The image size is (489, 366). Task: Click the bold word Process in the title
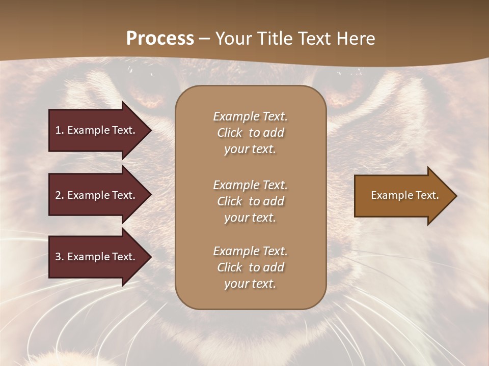tap(160, 39)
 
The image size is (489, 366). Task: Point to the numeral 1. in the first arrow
tap(60, 130)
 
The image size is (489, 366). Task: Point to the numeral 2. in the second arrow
tap(60, 195)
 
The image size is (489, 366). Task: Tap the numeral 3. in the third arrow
tap(60, 257)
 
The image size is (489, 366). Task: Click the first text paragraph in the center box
tap(250, 133)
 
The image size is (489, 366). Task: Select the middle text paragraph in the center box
tap(250, 201)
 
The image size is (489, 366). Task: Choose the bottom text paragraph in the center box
tap(250, 267)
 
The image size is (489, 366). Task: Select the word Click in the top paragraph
tap(230, 133)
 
